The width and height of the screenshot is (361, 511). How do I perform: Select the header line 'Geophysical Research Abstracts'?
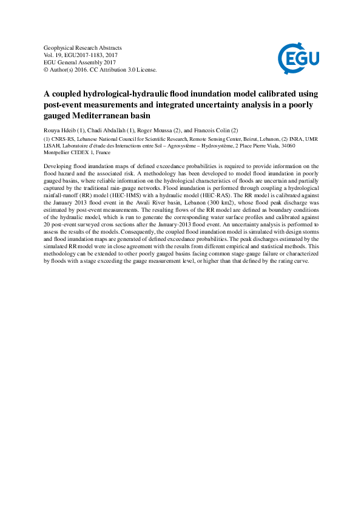click(83, 47)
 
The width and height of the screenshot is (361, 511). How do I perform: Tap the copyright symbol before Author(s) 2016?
click(48, 69)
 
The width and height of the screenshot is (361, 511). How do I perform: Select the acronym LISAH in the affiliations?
click(54, 146)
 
